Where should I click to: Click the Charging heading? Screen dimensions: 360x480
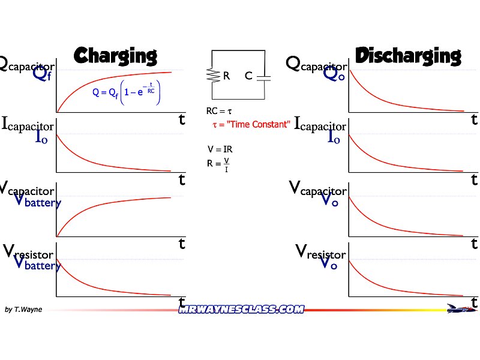(115, 56)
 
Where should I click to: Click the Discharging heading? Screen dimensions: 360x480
(408, 56)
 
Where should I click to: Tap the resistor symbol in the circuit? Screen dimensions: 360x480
(212, 76)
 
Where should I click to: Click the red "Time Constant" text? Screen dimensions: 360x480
(252, 124)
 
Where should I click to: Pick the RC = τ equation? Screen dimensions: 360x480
(218, 111)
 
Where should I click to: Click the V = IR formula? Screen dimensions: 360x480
(218, 149)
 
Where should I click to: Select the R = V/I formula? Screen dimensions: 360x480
(218, 163)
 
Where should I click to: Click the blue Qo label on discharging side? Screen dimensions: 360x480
(334, 74)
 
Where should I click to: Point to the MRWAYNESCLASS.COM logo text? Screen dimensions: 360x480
(241, 309)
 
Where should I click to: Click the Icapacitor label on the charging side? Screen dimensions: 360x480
(28, 124)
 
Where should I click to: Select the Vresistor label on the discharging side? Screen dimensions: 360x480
(321, 252)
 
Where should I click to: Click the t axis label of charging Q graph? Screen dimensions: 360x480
(182, 119)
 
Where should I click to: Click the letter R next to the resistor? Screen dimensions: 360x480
(227, 76)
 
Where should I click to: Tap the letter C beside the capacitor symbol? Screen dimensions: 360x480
(248, 76)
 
